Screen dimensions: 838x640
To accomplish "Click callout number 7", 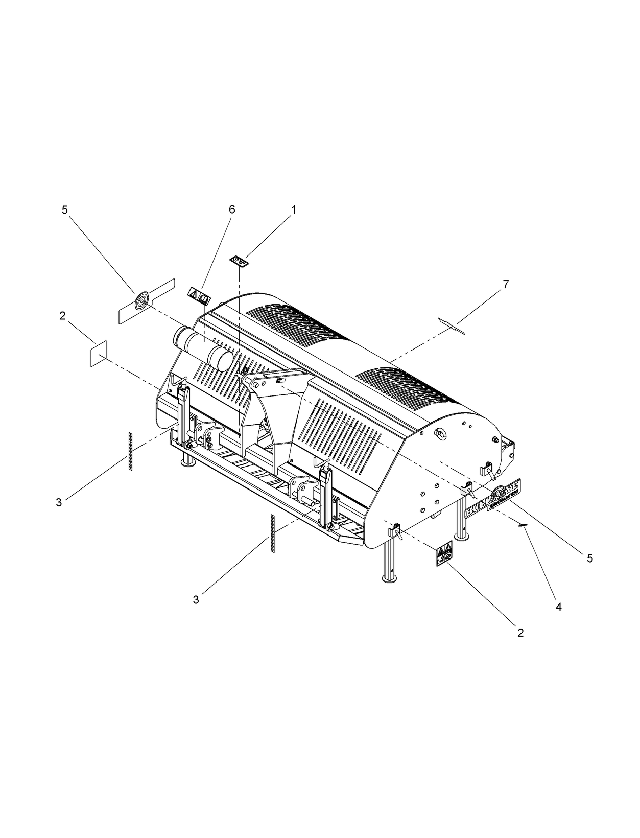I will (x=506, y=285).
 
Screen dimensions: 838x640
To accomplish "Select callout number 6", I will (x=232, y=209).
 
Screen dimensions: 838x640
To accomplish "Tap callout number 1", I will (x=293, y=209).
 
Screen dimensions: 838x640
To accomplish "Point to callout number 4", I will (x=558, y=607).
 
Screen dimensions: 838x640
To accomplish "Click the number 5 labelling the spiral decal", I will (x=64, y=209).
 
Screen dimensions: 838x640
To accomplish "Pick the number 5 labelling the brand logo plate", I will (x=590, y=558).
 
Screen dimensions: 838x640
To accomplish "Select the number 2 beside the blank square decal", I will (x=62, y=316).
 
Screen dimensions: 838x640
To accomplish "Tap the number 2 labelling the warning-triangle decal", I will (x=520, y=633).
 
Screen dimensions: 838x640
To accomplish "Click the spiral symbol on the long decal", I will (x=141, y=301).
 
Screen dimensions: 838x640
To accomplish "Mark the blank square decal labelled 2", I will (x=98, y=353).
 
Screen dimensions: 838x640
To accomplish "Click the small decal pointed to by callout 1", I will (x=239, y=261).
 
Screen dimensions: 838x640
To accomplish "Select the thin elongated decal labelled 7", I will (x=452, y=326).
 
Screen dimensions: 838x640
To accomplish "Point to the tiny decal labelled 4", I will (x=522, y=526).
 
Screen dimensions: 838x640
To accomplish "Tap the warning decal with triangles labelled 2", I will (x=443, y=554).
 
